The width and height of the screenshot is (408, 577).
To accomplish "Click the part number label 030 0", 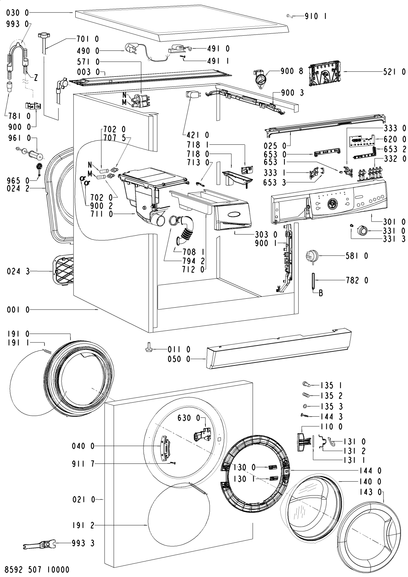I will (x=18, y=13).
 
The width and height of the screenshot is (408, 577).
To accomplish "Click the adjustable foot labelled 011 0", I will (x=148, y=349).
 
